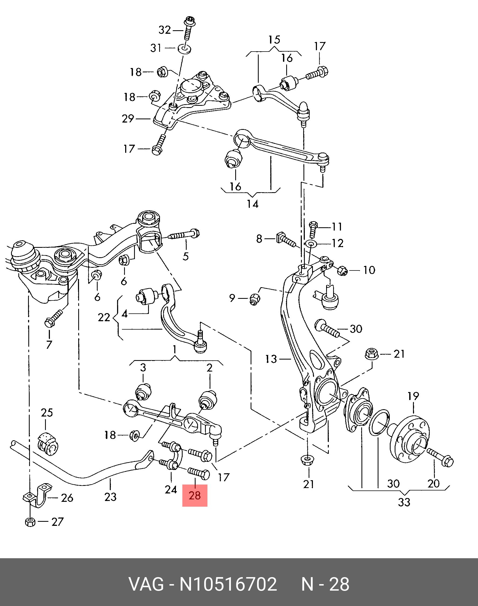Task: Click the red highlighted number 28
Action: click(195, 496)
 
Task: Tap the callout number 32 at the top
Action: click(165, 30)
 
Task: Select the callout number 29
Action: click(128, 119)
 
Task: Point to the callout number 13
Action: click(271, 359)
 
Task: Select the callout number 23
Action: click(110, 497)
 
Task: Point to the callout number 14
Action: click(252, 204)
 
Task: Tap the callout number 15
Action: click(274, 39)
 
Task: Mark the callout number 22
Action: click(104, 317)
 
